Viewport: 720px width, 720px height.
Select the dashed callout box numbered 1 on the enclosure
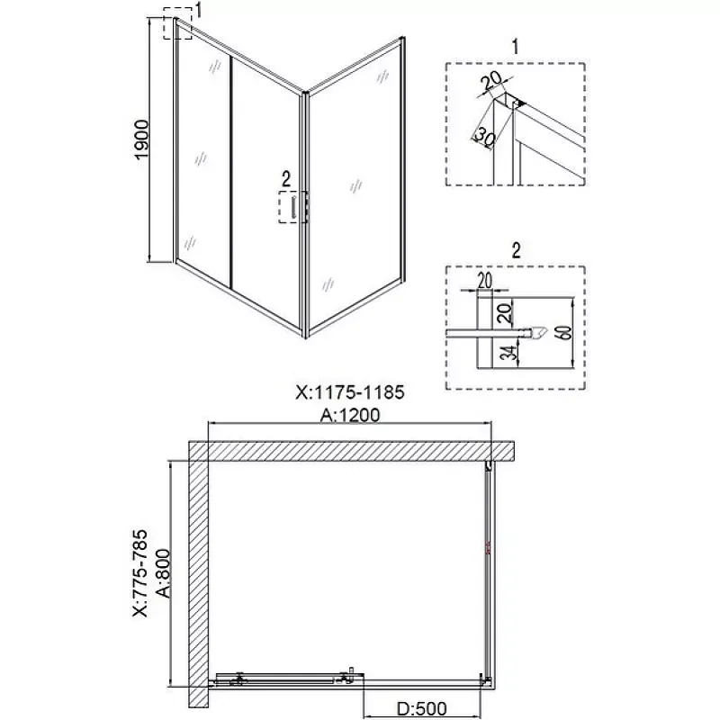177,23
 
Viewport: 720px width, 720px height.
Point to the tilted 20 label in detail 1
491,82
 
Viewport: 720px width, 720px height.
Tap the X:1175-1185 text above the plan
350,392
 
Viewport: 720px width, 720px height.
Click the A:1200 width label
350,415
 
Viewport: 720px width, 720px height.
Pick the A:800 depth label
163,573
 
